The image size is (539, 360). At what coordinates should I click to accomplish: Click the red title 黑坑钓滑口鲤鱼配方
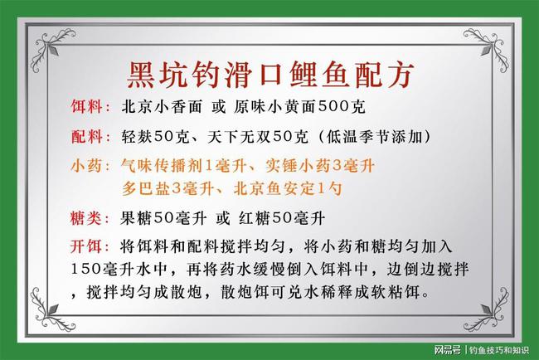pyautogui.click(x=269, y=72)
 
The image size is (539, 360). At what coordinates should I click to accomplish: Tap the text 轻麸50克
pyautogui.click(x=155, y=136)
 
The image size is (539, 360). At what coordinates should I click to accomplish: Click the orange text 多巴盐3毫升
pyautogui.click(x=167, y=188)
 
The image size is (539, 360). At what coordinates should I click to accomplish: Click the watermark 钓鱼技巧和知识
pyautogui.click(x=499, y=348)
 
